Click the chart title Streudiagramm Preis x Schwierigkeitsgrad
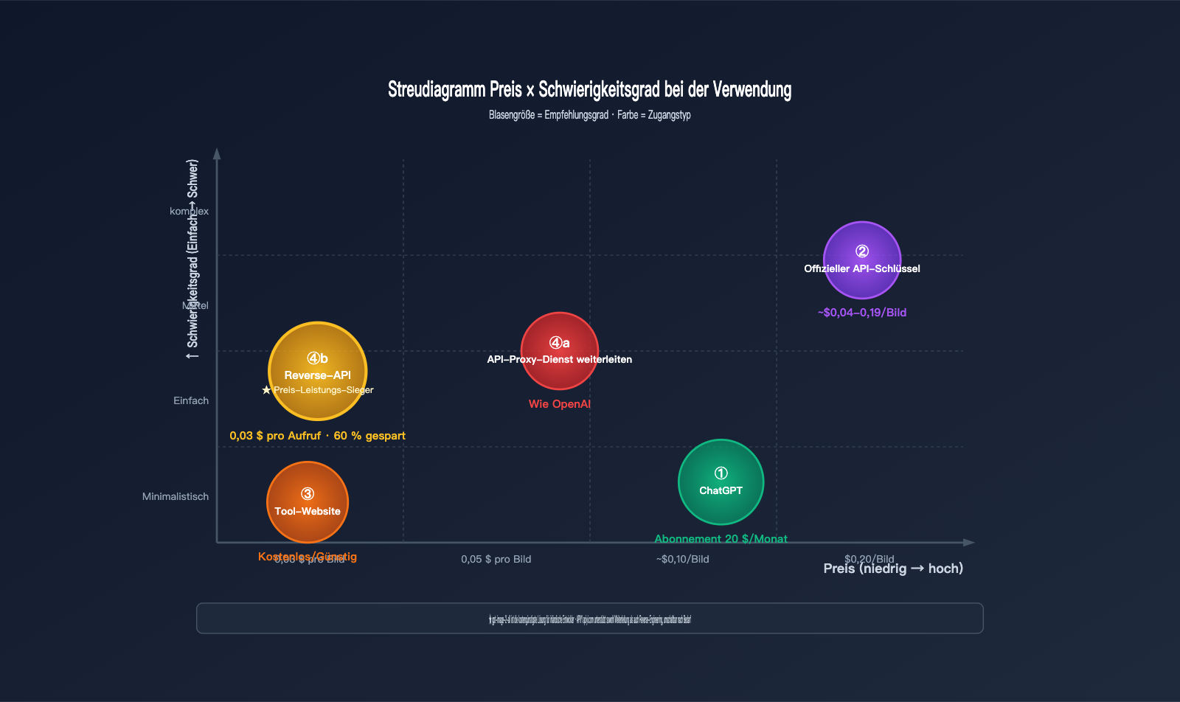click(x=589, y=90)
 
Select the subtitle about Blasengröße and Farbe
click(x=589, y=115)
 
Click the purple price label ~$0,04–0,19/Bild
click(x=861, y=313)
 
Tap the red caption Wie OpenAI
click(x=559, y=404)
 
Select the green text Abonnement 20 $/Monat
click(x=721, y=539)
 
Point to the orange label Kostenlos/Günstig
click(x=308, y=557)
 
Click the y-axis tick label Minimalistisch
click(x=176, y=497)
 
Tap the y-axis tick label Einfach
click(x=191, y=401)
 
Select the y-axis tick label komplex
click(x=189, y=212)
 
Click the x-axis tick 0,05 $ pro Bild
click(x=496, y=560)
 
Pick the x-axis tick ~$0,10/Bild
click(x=682, y=560)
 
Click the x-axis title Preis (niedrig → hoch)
click(x=893, y=569)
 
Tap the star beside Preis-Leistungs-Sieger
click(x=266, y=390)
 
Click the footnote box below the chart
click(x=589, y=619)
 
